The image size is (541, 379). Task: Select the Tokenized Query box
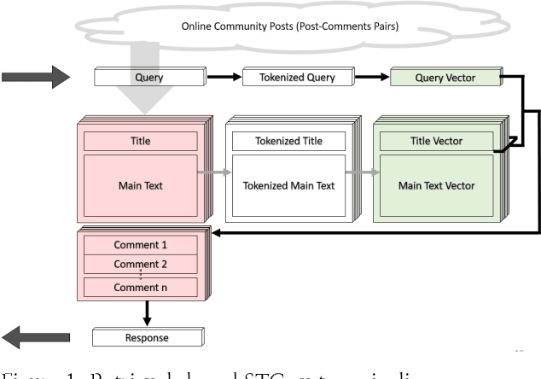tap(291, 79)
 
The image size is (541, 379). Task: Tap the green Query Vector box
tap(444, 79)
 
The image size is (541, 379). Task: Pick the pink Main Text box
tap(139, 186)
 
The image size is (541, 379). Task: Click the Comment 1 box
tap(141, 245)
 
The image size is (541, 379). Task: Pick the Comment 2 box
tap(141, 264)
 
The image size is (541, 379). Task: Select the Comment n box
tap(141, 288)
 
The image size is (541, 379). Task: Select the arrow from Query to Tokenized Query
tap(212, 79)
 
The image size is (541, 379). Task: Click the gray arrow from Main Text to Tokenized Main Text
tap(214, 172)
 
